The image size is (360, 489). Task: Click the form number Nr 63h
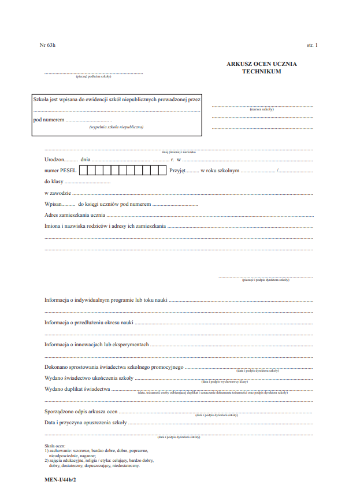click(47, 45)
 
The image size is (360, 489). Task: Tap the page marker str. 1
click(312, 45)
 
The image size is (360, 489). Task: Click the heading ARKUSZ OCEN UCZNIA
click(262, 64)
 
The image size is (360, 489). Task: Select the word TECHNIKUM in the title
click(262, 72)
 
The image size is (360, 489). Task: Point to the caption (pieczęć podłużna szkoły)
click(94, 77)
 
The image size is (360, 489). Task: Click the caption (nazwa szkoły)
click(262, 109)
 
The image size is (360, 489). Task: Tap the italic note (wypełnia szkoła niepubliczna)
click(116, 127)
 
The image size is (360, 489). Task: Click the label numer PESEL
click(60, 171)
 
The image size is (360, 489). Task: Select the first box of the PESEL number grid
click(83, 171)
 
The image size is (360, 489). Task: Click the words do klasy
click(54, 181)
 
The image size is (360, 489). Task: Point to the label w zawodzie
click(58, 193)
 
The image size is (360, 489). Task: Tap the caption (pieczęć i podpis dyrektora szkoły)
click(266, 280)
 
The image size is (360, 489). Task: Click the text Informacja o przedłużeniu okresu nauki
click(89, 323)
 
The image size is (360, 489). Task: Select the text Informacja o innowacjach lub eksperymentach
click(97, 344)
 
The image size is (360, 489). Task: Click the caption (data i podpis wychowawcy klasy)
click(225, 382)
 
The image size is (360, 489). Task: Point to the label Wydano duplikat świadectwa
click(77, 389)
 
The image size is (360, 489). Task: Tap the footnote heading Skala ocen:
click(55, 446)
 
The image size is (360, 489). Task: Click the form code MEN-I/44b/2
click(60, 480)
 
